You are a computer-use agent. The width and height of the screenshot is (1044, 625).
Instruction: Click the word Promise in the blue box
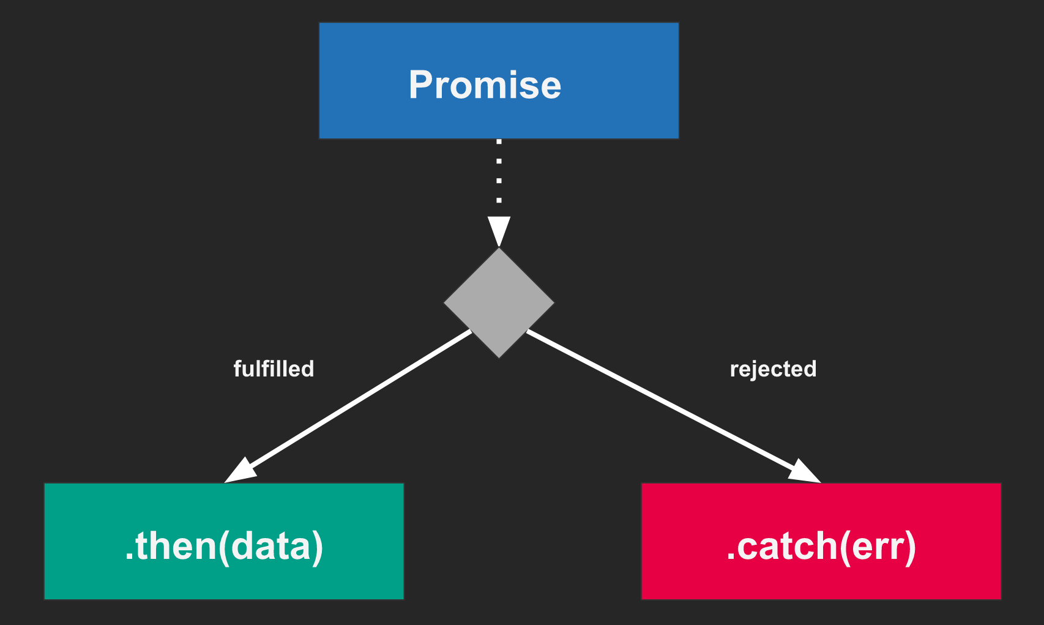click(485, 84)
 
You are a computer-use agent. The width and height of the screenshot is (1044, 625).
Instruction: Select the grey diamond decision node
click(499, 302)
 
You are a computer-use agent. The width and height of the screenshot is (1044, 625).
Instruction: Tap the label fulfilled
click(274, 369)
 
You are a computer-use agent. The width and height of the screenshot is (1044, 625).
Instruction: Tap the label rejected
click(773, 369)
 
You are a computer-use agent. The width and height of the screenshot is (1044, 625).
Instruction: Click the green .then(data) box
click(224, 541)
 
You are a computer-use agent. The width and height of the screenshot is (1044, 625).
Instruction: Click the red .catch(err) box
click(821, 541)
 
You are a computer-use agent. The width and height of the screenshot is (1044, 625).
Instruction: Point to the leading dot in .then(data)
click(129, 556)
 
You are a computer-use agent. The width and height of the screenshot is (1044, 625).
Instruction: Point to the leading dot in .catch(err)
click(730, 556)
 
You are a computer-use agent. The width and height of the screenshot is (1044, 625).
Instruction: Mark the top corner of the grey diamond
click(499, 247)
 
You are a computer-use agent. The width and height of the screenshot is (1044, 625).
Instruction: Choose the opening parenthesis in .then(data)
click(224, 548)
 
